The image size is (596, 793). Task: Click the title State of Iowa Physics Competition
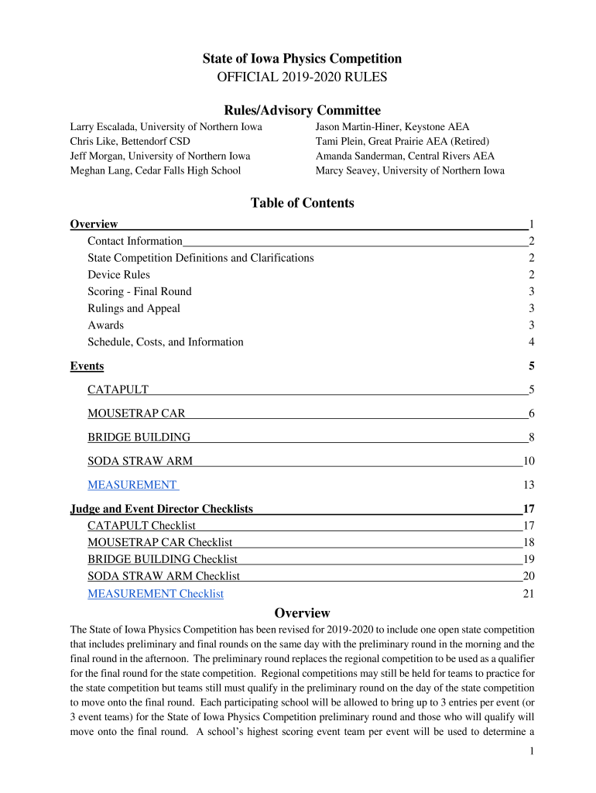302,59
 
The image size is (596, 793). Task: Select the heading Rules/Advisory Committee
302,110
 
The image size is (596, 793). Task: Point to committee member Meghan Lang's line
156,170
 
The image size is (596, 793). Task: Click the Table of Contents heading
302,203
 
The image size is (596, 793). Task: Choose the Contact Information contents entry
135,241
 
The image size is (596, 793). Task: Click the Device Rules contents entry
118,275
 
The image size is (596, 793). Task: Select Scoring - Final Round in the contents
139,292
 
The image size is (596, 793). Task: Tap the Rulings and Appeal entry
134,308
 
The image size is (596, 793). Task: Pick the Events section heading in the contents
87,366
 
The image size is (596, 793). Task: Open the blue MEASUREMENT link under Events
132,485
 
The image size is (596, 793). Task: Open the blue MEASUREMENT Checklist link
156,594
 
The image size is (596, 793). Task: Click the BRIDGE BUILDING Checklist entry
163,559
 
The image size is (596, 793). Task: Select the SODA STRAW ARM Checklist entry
163,576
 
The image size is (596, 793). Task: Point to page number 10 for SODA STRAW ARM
529,462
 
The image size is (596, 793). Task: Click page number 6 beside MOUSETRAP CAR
532,414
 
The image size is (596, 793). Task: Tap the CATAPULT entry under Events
118,390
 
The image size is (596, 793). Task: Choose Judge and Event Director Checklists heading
162,509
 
